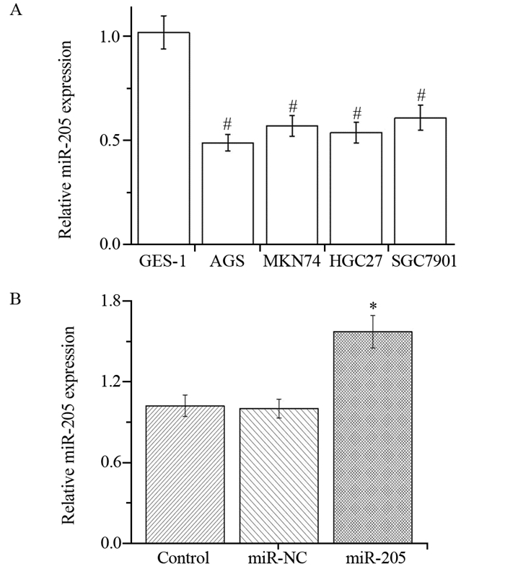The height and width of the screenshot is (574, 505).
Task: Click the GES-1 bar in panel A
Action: [x=164, y=138]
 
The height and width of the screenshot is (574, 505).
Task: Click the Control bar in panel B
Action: [x=185, y=474]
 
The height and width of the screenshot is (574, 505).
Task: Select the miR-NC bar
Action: [x=278, y=475]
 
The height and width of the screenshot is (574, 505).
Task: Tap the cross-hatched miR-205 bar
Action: [x=372, y=437]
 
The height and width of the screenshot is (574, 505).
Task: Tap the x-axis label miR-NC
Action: [x=278, y=558]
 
